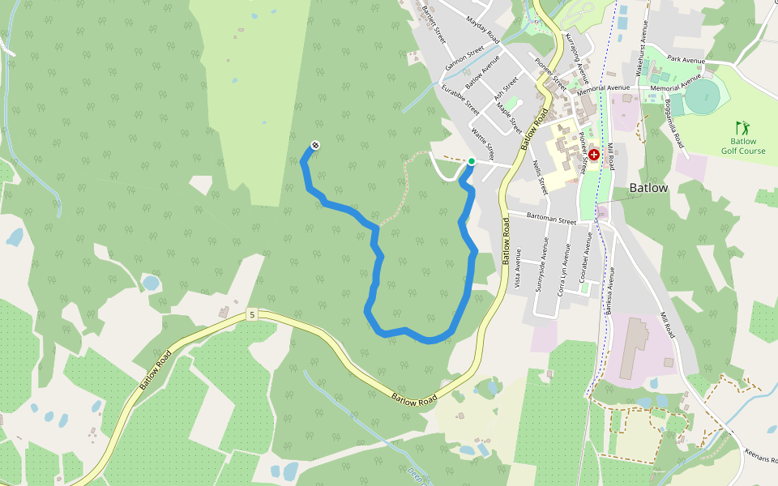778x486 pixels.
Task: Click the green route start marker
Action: click(x=472, y=161)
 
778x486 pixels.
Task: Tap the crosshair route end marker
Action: click(x=314, y=146)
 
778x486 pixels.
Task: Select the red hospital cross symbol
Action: click(x=594, y=154)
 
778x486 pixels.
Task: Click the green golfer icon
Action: click(x=742, y=127)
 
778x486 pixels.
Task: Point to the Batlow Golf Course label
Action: click(x=742, y=146)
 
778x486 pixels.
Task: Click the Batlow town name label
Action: click(x=648, y=188)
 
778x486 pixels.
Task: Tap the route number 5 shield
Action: click(x=252, y=314)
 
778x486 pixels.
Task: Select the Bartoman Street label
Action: click(x=551, y=220)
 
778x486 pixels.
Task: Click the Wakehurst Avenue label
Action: click(x=642, y=55)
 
